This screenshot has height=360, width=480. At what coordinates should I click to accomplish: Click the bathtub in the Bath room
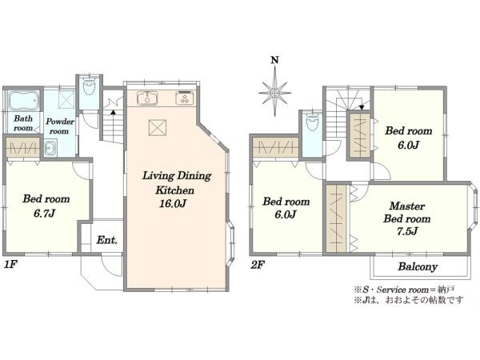click(x=24, y=101)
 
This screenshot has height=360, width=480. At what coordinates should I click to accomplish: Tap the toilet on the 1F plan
click(x=89, y=86)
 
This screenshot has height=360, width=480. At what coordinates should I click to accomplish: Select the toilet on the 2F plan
click(x=312, y=122)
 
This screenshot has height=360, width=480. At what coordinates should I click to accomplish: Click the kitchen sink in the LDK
click(x=147, y=98)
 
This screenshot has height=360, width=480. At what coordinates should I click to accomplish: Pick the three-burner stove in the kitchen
click(x=185, y=98)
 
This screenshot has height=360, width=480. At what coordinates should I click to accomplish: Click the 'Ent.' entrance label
click(x=107, y=240)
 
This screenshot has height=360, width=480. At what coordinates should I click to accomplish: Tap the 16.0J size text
click(x=173, y=203)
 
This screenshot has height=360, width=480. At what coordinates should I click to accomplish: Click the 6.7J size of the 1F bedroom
click(x=44, y=213)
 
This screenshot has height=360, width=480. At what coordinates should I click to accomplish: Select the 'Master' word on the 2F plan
click(x=407, y=206)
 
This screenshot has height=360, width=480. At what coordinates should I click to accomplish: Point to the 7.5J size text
click(x=407, y=231)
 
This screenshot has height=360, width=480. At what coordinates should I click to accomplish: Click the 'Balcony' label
click(x=418, y=266)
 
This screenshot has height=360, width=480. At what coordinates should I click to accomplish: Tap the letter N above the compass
click(x=274, y=60)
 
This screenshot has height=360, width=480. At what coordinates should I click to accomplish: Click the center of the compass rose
click(x=274, y=93)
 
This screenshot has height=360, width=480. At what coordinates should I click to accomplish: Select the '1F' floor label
click(x=10, y=265)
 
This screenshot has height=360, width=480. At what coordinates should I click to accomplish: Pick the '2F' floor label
click(x=257, y=265)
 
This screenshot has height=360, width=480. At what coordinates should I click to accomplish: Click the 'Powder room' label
click(x=60, y=126)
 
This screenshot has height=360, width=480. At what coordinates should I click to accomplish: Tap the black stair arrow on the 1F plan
click(x=113, y=112)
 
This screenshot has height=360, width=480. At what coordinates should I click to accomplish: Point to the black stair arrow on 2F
click(x=362, y=107)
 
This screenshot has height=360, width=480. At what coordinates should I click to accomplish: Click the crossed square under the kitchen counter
click(x=158, y=127)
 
